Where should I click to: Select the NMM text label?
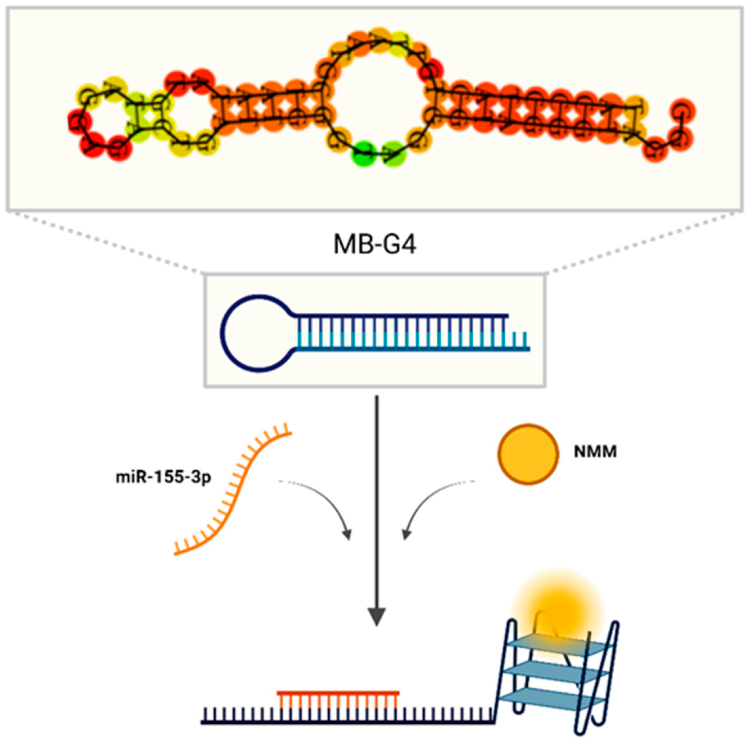(595, 451)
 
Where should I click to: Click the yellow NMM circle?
(528, 454)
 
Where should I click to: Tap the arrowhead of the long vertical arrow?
(376, 616)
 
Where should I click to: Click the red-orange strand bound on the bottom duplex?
(338, 694)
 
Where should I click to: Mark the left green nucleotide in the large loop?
(364, 152)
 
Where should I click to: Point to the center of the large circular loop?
(377, 96)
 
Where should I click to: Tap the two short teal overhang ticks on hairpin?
(520, 339)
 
